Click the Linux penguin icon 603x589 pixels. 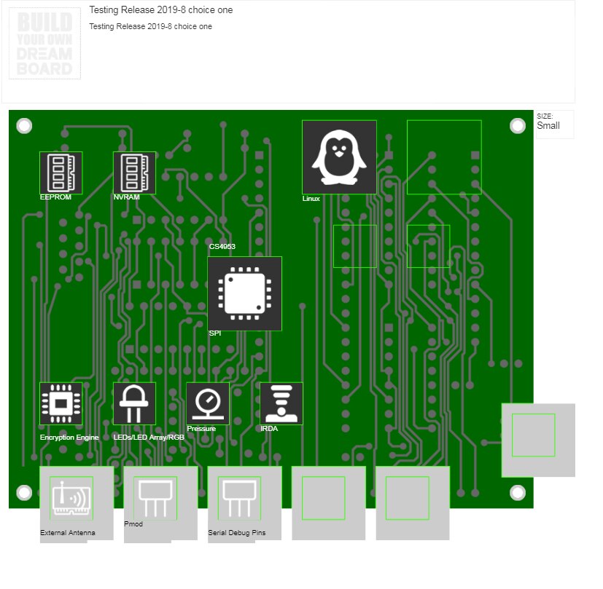339,157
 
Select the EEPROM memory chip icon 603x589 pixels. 61,173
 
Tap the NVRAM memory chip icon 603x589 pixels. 134,173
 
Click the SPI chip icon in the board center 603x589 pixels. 244,293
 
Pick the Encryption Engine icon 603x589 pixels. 61,403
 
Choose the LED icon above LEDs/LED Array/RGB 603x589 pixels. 134,403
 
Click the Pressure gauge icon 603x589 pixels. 208,403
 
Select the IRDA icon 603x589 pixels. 281,403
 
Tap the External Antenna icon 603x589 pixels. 71,499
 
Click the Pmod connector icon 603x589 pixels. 155,499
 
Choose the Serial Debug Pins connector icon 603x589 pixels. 239,499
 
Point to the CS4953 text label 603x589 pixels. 222,247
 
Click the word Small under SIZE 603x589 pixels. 548,126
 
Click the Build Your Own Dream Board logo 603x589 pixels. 44,44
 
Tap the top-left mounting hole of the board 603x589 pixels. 24,125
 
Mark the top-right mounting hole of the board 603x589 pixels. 518,125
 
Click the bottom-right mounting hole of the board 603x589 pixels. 518,493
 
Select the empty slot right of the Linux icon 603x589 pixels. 444,157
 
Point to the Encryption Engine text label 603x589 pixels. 69,438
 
